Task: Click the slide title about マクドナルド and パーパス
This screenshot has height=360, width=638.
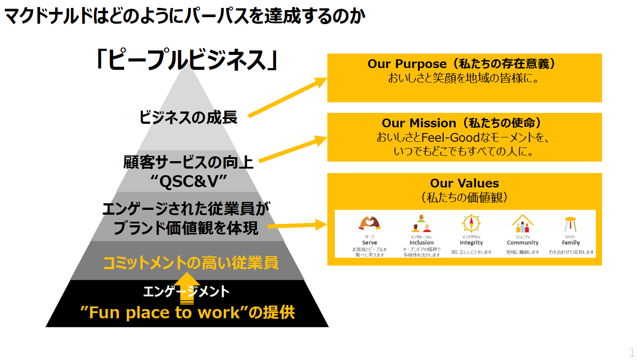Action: point(184,16)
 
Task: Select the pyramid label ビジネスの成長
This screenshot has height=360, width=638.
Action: point(188,117)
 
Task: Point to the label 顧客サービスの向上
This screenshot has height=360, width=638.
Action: point(188,163)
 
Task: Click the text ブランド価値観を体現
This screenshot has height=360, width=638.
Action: point(186,228)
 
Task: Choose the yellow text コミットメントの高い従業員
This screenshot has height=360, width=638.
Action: point(190,263)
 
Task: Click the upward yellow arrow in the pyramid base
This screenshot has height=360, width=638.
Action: point(187,288)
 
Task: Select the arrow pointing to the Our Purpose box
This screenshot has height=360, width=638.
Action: point(288,97)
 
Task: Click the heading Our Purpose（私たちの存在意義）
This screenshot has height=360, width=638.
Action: point(464,64)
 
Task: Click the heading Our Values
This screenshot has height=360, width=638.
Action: point(464,183)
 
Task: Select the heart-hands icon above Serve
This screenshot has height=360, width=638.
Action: point(369,223)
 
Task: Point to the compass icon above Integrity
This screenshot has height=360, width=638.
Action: point(471,223)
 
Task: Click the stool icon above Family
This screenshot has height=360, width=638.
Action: point(570,224)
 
